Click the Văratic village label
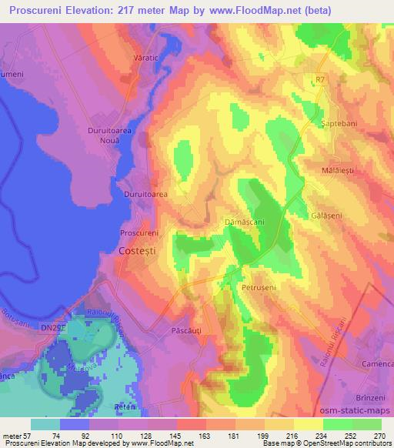coord(166,59)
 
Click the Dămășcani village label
coord(244,221)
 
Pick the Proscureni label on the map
coord(140,232)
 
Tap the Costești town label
coord(141,251)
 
